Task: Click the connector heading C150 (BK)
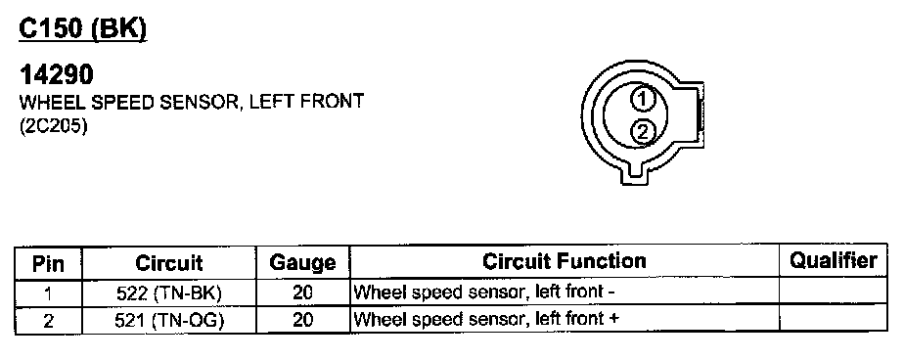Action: click(83, 28)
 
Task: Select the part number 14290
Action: click(56, 75)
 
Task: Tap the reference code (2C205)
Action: click(53, 127)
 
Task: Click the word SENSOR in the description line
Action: click(199, 102)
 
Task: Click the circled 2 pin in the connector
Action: click(642, 131)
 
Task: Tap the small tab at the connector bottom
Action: click(635, 174)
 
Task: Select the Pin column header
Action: click(49, 264)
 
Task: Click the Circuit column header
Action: click(169, 263)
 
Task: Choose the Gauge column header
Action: click(302, 263)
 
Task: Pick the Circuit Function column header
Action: click(564, 261)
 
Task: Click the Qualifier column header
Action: click(834, 261)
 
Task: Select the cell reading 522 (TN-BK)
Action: click(169, 293)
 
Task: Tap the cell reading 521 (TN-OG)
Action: click(169, 320)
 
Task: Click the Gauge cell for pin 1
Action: click(302, 293)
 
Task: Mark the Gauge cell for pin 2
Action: click(302, 320)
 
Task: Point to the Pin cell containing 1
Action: click(49, 293)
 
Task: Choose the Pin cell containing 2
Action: click(49, 321)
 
